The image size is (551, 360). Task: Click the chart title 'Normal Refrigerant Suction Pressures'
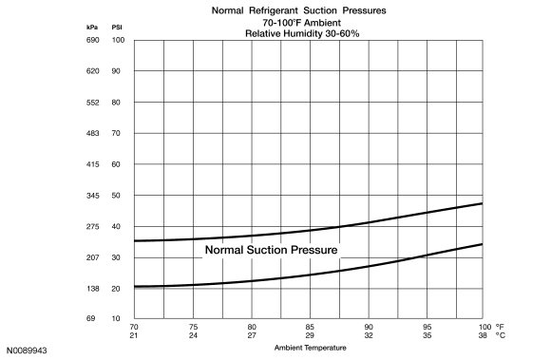(298, 10)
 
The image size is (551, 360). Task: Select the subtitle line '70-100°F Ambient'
(302, 23)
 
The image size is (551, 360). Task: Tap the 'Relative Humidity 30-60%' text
(302, 33)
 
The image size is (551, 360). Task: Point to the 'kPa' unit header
(92, 28)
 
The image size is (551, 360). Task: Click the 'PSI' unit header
(117, 28)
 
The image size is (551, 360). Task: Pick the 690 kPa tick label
(93, 40)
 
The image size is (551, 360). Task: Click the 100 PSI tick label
(118, 40)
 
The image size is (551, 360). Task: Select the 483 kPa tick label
(93, 133)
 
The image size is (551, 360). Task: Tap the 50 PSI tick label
(116, 196)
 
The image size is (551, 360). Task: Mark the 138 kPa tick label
(93, 289)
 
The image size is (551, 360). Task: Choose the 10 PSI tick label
(116, 318)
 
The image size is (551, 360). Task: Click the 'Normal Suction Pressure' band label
(272, 250)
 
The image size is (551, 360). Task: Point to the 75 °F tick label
(193, 327)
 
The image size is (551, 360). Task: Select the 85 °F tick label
(310, 327)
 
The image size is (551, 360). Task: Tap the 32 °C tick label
(369, 335)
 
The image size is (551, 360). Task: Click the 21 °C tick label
(134, 335)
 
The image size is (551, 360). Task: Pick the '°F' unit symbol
(500, 327)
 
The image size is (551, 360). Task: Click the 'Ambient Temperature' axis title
(311, 348)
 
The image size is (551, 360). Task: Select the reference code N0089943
(27, 351)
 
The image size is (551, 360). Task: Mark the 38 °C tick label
(483, 335)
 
